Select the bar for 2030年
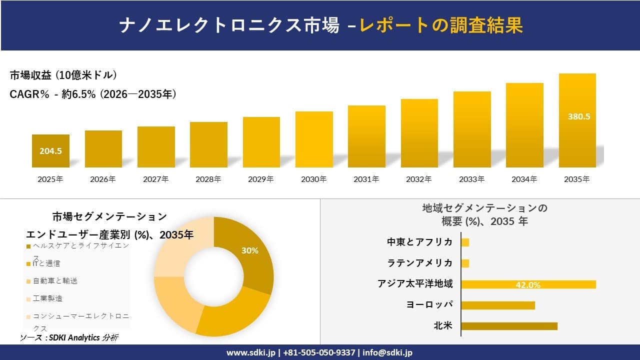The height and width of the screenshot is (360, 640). (314, 139)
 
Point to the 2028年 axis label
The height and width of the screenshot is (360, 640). (208, 179)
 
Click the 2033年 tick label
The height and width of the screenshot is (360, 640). (471, 179)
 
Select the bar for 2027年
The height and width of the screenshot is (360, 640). (156, 147)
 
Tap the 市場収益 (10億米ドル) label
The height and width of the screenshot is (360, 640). (63, 75)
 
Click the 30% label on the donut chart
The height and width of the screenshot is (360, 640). (249, 250)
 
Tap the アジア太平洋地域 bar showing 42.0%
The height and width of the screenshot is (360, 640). (528, 284)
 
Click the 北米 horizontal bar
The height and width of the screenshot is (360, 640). (508, 326)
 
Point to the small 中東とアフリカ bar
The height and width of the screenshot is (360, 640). (465, 242)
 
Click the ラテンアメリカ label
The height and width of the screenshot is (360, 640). (420, 263)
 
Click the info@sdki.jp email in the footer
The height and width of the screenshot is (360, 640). (387, 352)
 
